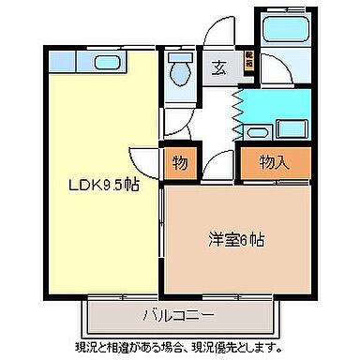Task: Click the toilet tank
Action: (x=175, y=57)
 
